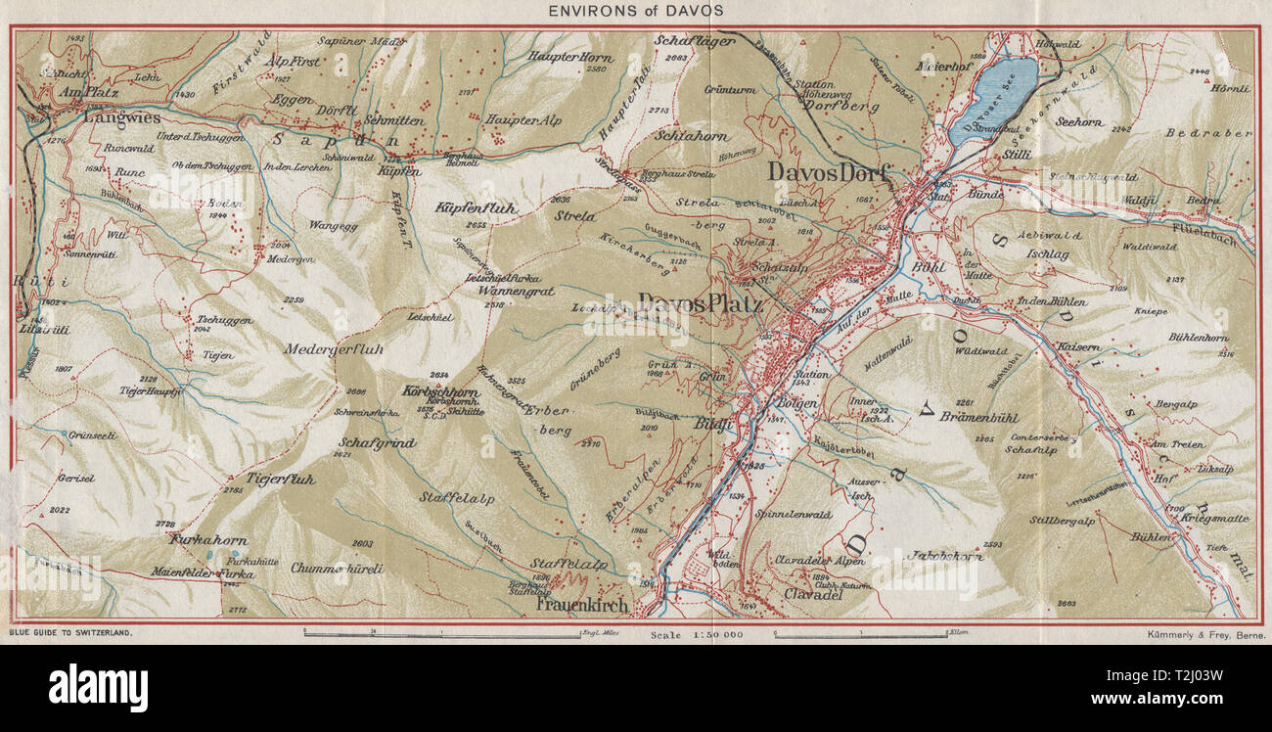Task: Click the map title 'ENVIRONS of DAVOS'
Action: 636,11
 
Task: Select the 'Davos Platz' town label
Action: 701,304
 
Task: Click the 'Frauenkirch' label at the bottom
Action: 583,605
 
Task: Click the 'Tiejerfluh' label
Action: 281,480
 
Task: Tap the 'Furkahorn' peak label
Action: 207,539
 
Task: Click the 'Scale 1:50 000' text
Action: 696,635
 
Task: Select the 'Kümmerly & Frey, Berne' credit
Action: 1203,635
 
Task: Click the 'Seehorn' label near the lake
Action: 1079,122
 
